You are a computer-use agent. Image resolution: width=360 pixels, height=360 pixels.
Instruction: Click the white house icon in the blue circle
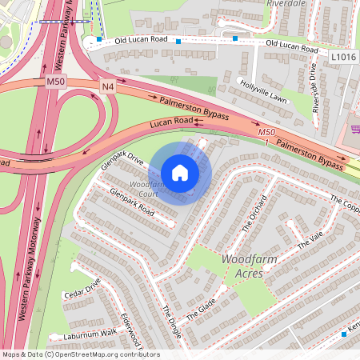click(x=180, y=173)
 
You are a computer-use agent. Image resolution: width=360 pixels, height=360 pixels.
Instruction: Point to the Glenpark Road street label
click(x=131, y=202)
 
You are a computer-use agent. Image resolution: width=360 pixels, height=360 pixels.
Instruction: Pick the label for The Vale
click(x=308, y=240)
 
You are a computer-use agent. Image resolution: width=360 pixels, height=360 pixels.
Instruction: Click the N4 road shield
click(x=107, y=86)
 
